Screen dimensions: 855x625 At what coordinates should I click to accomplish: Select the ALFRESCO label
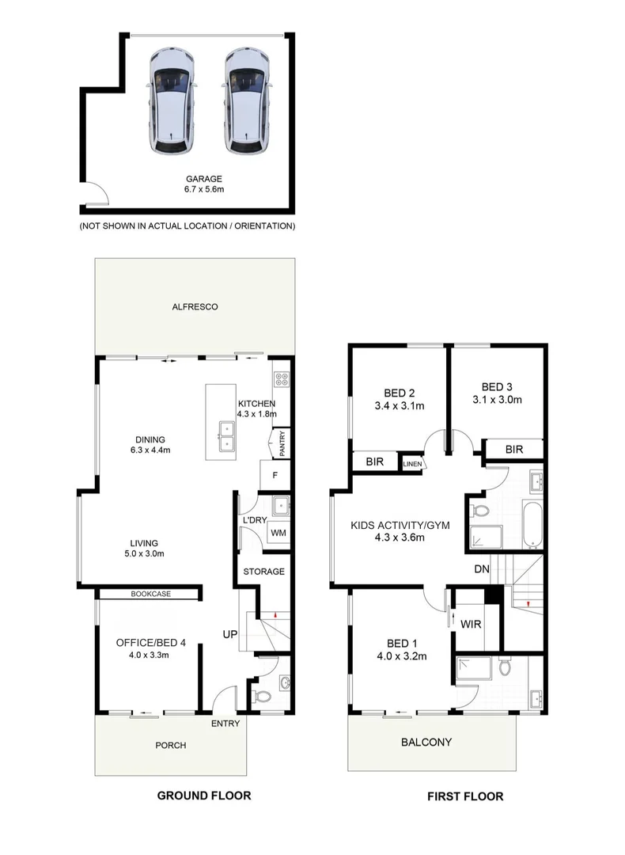pos(194,306)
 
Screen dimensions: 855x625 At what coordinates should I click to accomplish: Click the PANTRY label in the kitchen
pos(281,444)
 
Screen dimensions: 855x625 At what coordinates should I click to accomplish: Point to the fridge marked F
pos(275,476)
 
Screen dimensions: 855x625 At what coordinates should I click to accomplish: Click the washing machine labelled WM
pos(278,533)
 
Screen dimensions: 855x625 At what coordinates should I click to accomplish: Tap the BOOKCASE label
pos(150,594)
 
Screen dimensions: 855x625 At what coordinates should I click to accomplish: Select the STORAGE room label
pos(263,572)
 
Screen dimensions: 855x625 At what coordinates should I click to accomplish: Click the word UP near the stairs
pos(230,635)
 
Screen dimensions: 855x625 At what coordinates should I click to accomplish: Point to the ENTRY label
pos(225,723)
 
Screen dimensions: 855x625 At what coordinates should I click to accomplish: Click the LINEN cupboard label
pos(413,464)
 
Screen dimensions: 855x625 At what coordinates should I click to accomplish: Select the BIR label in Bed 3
pos(514,450)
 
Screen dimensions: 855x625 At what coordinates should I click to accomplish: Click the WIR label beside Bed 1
pos(470,624)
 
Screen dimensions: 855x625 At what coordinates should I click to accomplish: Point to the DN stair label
pos(481,568)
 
